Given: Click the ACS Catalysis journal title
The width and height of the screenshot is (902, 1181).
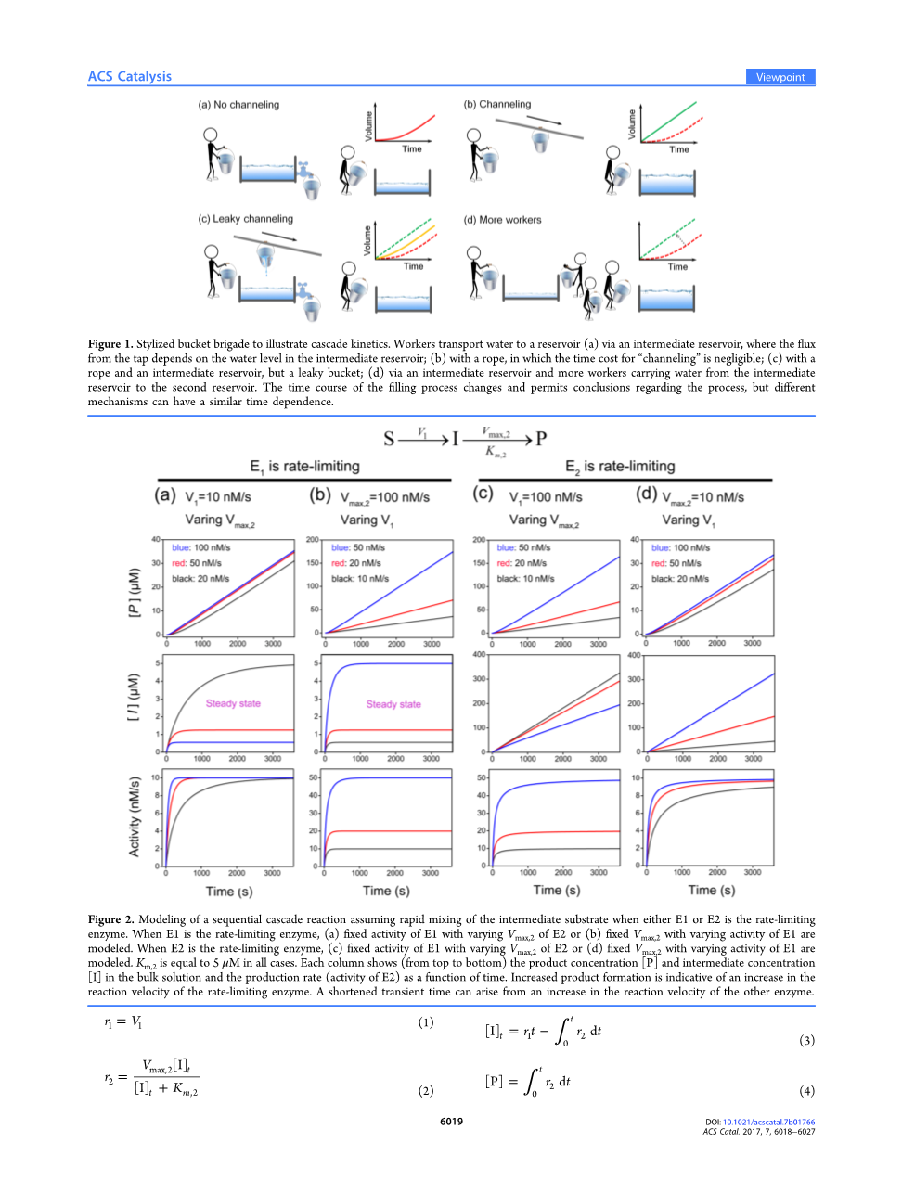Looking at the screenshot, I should point(129,77).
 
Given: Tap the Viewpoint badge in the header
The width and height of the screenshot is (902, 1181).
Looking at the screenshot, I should point(780,77).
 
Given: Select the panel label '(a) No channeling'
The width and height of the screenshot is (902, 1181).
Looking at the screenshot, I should point(238,105).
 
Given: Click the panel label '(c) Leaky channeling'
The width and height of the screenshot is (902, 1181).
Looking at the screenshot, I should point(245,219).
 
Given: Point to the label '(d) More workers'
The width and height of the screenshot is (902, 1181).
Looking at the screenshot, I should point(502,220).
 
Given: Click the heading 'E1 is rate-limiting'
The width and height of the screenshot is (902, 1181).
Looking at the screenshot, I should point(304,467).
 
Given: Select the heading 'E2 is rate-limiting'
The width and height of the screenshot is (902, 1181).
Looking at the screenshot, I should point(620,467).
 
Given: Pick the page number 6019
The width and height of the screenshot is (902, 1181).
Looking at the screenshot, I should point(451,1122).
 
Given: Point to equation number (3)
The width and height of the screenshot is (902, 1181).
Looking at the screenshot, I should point(806,1040).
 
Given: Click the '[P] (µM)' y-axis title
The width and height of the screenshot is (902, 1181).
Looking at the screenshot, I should point(135,592).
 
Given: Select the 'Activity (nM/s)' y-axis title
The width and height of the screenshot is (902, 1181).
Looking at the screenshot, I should point(135,816).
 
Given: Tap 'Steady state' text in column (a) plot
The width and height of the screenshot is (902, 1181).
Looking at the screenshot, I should point(233,703).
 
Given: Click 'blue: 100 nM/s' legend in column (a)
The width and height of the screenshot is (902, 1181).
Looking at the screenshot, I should point(200,547).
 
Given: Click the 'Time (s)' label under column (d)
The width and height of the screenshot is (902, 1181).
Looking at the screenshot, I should point(711,890).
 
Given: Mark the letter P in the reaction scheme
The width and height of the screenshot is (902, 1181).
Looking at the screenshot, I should point(541,438).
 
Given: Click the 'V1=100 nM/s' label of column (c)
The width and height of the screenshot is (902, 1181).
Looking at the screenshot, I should point(546,497).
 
